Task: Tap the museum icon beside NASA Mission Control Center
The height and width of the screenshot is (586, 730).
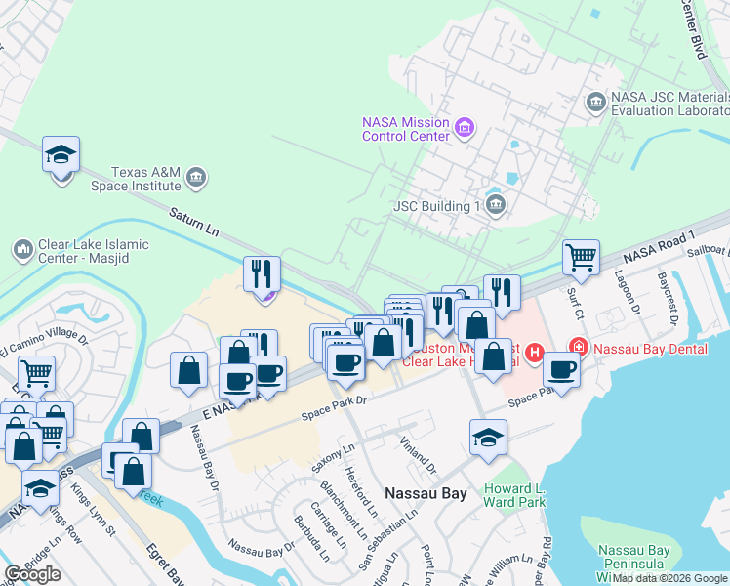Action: click(465, 128)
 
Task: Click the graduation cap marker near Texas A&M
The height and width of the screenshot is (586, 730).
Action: click(61, 155)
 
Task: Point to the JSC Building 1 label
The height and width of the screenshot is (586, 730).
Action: click(437, 206)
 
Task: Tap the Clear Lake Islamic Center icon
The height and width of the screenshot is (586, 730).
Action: click(22, 251)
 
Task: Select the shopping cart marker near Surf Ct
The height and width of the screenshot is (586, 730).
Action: click(581, 258)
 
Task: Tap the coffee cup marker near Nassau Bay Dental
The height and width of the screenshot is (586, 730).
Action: click(561, 369)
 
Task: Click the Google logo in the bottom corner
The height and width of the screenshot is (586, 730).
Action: click(33, 573)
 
